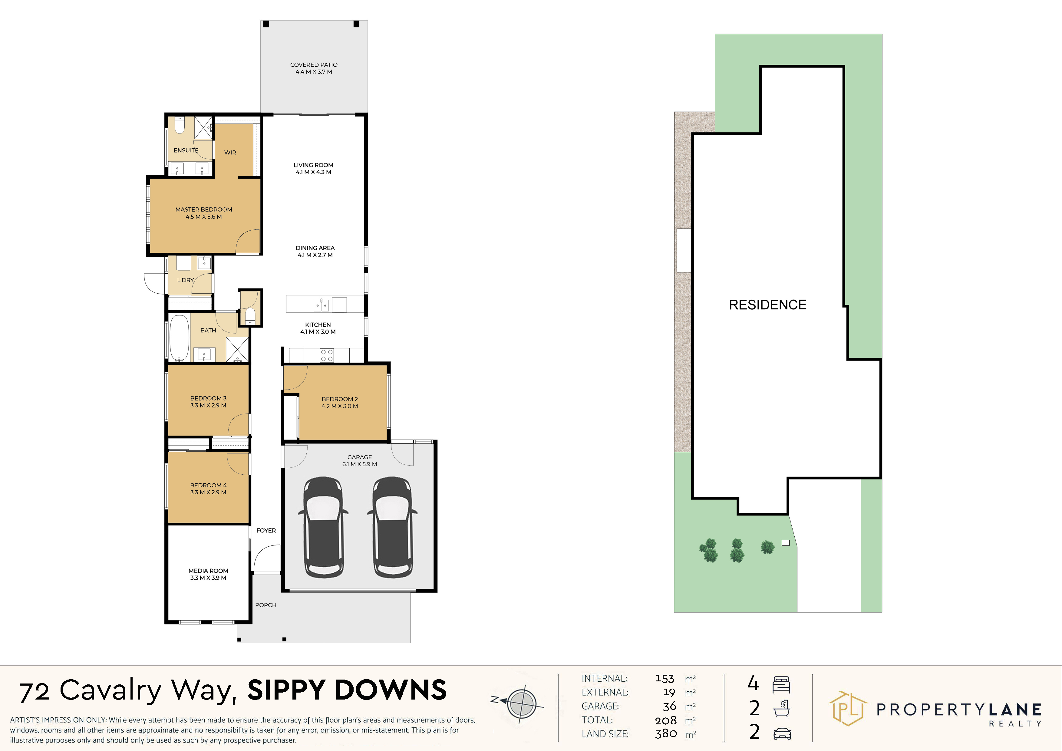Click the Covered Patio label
click(x=314, y=68)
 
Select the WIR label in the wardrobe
click(x=230, y=152)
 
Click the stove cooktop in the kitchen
click(x=327, y=355)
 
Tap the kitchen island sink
click(x=322, y=305)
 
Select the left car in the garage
click(x=323, y=528)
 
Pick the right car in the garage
click(x=392, y=528)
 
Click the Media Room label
click(x=208, y=574)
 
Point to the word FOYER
click(x=266, y=530)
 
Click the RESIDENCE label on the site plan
click(x=767, y=305)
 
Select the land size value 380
click(x=666, y=733)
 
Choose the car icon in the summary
click(x=782, y=733)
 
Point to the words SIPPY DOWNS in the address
click(x=347, y=690)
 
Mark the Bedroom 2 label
click(x=339, y=402)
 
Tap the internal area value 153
click(x=665, y=678)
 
